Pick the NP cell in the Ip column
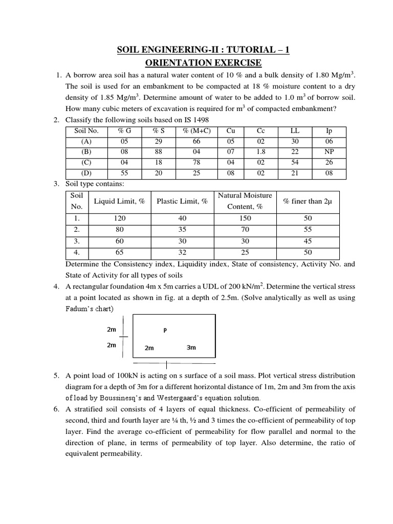click(x=329, y=152)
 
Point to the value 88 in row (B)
click(x=159, y=152)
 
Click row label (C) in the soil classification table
click(x=86, y=163)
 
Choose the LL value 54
click(x=294, y=163)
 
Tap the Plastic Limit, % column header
click(x=182, y=201)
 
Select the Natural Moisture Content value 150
click(x=245, y=218)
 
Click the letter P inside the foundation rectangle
click(x=165, y=330)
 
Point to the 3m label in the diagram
click(x=192, y=347)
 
